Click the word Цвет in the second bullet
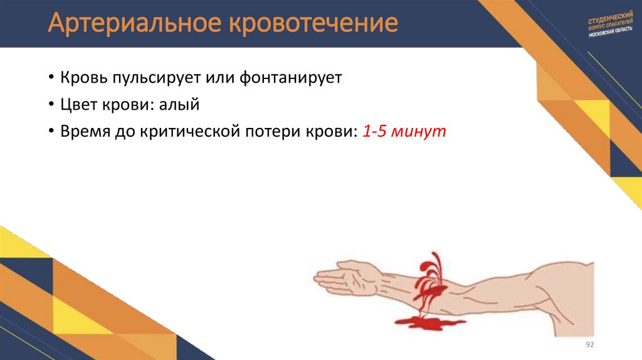pyautogui.click(x=80, y=105)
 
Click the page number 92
pyautogui.click(x=589, y=346)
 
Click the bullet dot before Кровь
pyautogui.click(x=50, y=79)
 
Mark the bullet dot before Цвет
pyautogui.click(x=50, y=106)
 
